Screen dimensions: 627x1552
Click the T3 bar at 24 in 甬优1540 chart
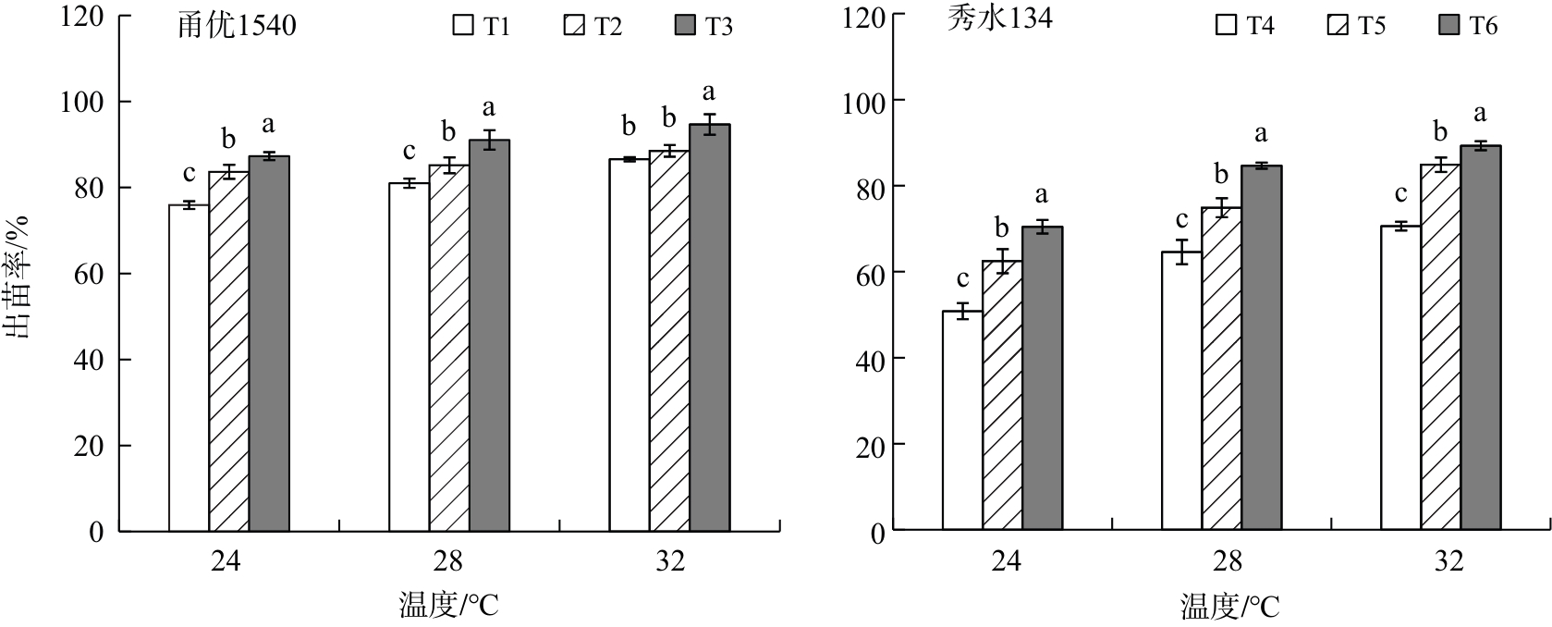click(x=269, y=343)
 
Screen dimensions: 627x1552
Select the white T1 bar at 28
click(x=409, y=357)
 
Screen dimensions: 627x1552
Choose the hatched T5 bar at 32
click(x=1441, y=347)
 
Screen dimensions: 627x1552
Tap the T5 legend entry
click(x=1355, y=25)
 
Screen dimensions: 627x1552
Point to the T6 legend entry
click(x=1467, y=25)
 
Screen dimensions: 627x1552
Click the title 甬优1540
click(x=237, y=25)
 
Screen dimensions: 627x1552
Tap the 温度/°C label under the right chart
click(x=1229, y=607)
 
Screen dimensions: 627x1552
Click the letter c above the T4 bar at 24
click(x=962, y=279)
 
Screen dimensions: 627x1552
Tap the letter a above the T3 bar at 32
click(x=710, y=92)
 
